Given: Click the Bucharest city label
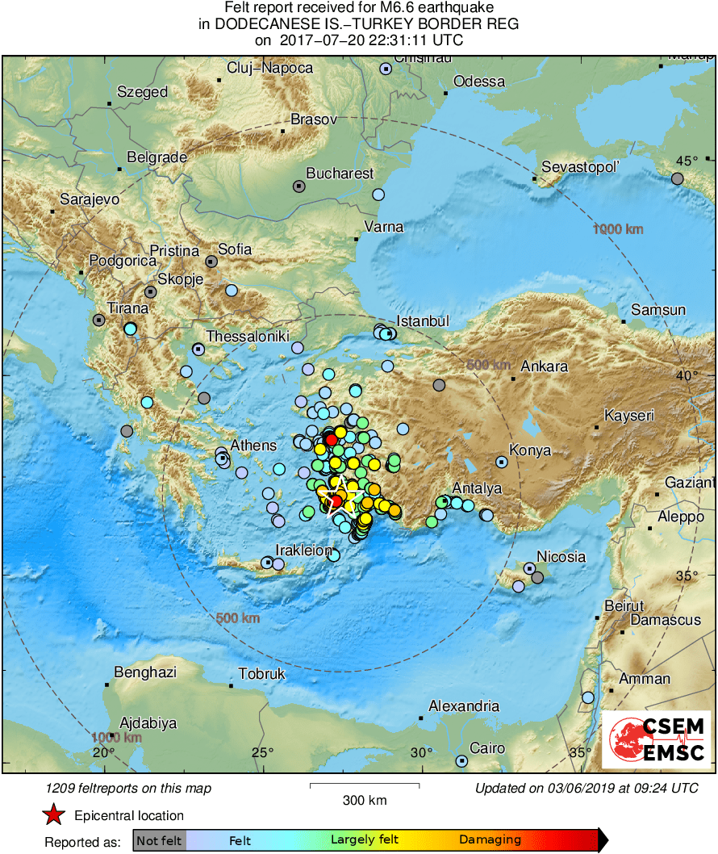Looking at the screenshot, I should coord(340,174).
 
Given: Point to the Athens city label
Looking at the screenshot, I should coord(253,445).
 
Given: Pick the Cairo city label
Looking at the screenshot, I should coord(487,748).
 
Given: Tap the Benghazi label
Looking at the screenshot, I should coord(145,672).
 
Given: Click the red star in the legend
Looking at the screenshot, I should coord(53,815).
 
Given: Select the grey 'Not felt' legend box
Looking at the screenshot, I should coord(159,840).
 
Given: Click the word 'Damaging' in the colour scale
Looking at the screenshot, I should coord(490,840).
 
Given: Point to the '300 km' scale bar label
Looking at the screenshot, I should coord(364,801).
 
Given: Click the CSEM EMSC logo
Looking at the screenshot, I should coord(656,739).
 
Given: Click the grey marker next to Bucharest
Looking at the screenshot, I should coord(298,186).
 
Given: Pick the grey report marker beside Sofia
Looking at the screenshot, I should coord(211,262).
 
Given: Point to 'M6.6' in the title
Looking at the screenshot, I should coord(384,8).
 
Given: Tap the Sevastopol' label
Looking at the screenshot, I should coord(580,166).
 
